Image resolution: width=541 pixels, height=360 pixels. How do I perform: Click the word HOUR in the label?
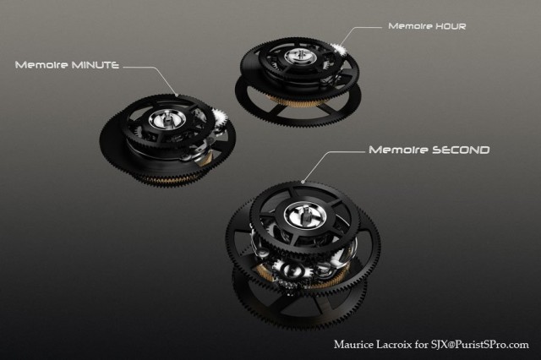pyautogui.click(x=451, y=26)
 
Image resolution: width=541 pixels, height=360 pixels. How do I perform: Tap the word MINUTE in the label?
pyautogui.click(x=95, y=65)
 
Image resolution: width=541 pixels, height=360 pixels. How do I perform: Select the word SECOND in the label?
pyautogui.click(x=461, y=150)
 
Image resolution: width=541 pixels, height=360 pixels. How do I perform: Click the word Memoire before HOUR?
pyautogui.click(x=410, y=26)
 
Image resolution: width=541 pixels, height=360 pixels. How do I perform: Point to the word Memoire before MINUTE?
pyautogui.click(x=41, y=65)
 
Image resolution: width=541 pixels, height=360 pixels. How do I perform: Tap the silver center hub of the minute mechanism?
pyautogui.click(x=167, y=120)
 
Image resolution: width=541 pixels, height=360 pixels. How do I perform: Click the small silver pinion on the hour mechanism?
pyautogui.click(x=338, y=51)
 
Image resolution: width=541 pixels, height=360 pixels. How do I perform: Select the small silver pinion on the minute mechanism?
pyautogui.click(x=219, y=119)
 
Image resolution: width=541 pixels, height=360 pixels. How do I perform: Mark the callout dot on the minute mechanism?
pyautogui.click(x=177, y=95)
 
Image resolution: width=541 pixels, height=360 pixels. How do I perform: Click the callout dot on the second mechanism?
pyautogui.click(x=303, y=182)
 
